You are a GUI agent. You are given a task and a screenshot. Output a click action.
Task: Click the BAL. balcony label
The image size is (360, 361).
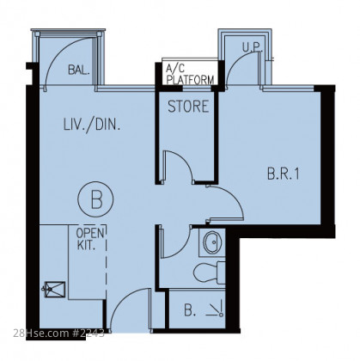[79, 70]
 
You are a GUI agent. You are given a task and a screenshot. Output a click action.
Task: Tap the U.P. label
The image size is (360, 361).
[253, 47]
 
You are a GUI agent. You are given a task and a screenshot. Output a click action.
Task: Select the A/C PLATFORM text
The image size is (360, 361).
[190, 74]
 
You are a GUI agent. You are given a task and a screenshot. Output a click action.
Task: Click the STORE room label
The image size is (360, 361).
[188, 107]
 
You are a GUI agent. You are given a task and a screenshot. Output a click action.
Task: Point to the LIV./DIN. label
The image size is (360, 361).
[91, 125]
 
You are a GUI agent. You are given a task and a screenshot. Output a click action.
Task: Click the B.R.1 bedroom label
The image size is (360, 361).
[284, 174]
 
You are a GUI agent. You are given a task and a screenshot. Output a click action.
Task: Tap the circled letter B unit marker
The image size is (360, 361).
[95, 199]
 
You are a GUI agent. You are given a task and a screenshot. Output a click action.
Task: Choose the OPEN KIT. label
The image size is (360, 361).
[89, 239]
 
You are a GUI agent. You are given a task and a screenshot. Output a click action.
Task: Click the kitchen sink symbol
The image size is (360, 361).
[53, 290]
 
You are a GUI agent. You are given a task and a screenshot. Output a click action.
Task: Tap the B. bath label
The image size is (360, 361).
[190, 310]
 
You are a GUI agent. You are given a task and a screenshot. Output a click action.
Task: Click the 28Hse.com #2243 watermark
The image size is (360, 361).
[58, 333]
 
